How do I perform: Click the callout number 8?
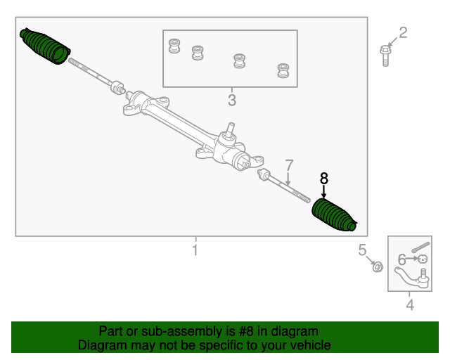323,179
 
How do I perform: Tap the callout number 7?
289,165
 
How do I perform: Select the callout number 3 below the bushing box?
232,100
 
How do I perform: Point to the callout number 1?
195,250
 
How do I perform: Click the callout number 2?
403,33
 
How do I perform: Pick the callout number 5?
362,250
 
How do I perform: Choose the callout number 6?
401,259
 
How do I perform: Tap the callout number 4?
410,305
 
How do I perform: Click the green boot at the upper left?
45,46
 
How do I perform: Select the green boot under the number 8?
334,214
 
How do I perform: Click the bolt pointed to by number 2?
385,56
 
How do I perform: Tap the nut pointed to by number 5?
378,267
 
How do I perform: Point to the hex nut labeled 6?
423,259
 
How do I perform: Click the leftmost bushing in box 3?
174,46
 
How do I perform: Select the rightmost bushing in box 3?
283,70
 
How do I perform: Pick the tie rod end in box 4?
413,277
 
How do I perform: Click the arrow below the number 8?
323,191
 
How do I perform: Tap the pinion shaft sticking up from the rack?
230,130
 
